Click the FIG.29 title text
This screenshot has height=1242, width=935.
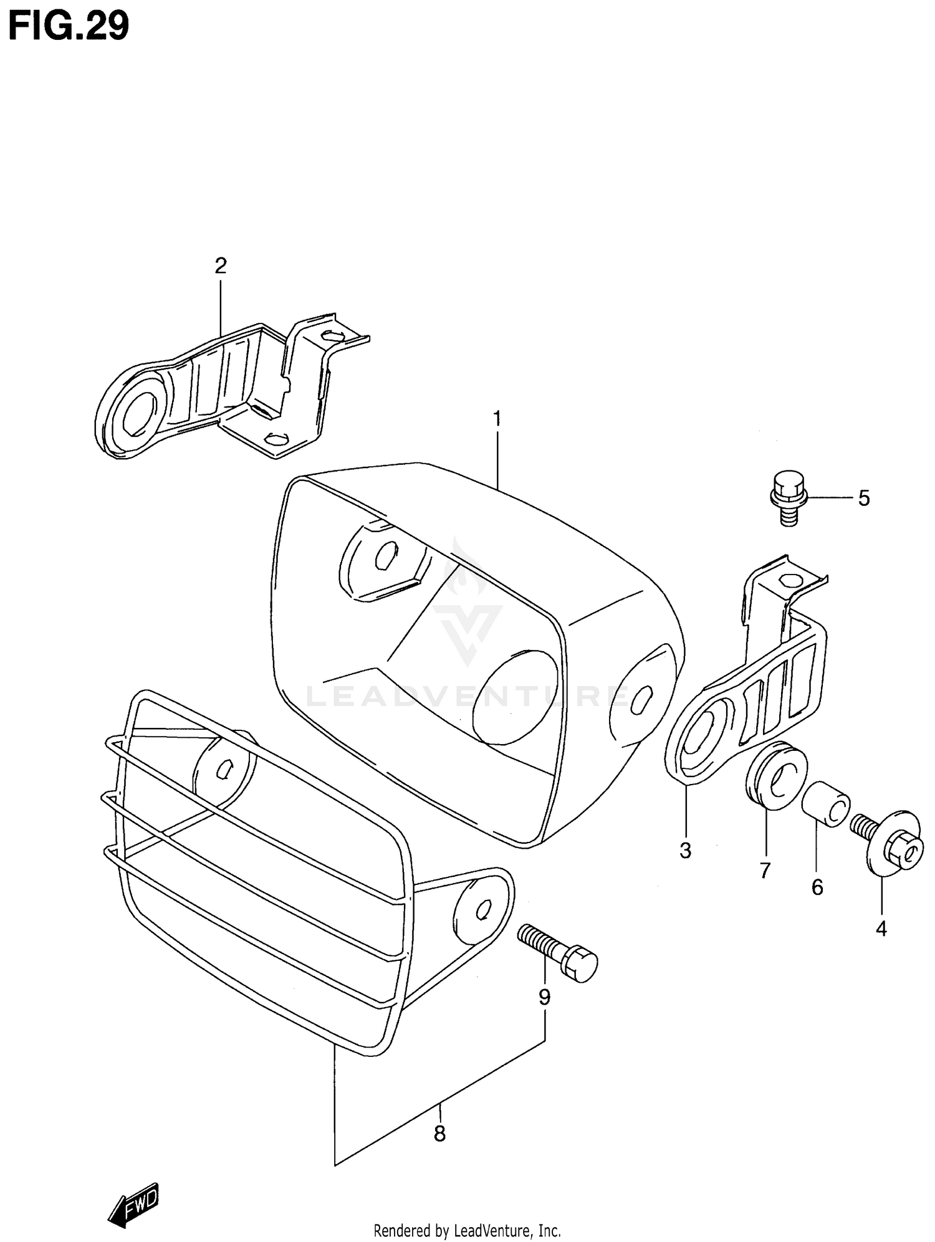point(69,26)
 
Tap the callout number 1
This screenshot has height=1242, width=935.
point(497,418)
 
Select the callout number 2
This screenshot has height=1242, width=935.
point(220,266)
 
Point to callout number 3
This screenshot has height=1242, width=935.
point(685,850)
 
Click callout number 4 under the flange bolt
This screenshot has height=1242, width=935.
point(881,929)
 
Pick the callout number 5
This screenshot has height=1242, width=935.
point(863,499)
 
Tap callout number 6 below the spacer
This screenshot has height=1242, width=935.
point(817,887)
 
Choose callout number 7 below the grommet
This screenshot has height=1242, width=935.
point(765,870)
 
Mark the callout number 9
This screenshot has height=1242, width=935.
point(544,998)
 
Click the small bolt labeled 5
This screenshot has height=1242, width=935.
point(789,499)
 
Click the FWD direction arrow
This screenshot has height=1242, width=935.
point(133,1205)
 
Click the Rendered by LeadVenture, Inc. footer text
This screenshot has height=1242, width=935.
point(467,1231)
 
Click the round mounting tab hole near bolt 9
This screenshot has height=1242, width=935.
point(482,911)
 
